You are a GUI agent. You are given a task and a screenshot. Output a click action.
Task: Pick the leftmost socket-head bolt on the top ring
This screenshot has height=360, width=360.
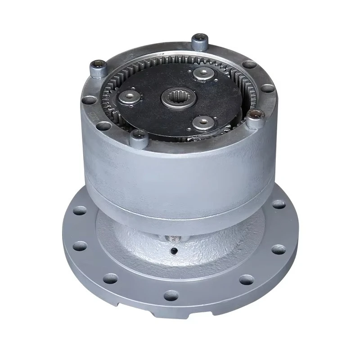pyautogui.click(x=98, y=68)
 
